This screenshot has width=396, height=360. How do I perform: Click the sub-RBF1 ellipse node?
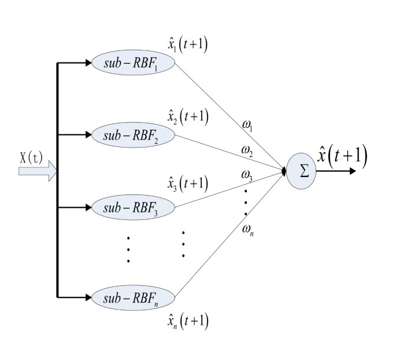[x=133, y=63]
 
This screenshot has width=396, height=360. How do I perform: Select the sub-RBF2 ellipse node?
[x=133, y=135]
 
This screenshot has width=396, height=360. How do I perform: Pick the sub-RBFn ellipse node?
[x=133, y=297]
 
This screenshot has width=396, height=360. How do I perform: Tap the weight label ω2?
[x=247, y=151]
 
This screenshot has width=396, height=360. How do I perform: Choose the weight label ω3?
[x=247, y=176]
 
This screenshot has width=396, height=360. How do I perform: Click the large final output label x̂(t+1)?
[x=342, y=155]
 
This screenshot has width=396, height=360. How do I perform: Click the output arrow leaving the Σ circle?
[x=336, y=172]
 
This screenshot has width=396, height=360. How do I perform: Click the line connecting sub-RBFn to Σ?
[x=231, y=233]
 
